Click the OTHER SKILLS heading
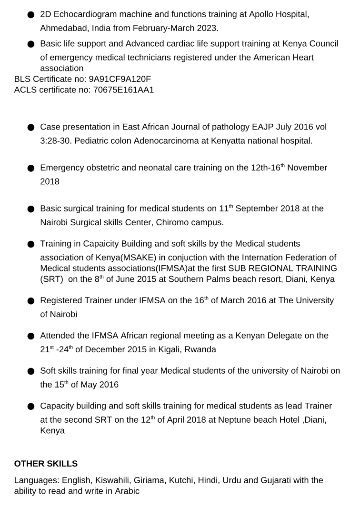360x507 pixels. [x=46, y=464]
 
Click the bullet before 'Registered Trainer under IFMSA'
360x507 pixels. [x=31, y=301]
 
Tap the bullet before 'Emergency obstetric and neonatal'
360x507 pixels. [x=31, y=168]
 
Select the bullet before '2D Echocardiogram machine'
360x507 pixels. [x=31, y=15]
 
